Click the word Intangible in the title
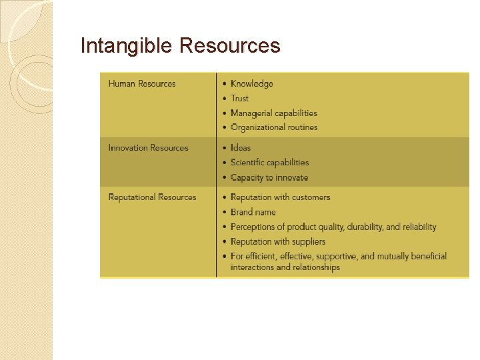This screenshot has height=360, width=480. point(127,45)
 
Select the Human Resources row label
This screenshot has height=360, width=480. point(142,84)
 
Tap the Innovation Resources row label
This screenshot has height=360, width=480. point(149,148)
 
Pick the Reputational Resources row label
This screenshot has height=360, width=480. point(152,197)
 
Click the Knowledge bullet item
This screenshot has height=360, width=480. point(252,84)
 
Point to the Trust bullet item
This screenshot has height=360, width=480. point(239,99)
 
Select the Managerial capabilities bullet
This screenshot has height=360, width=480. point(273,113)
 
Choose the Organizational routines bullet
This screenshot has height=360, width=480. point(274,127)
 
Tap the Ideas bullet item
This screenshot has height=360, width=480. point(241,148)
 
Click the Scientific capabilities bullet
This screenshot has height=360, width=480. point(269,163)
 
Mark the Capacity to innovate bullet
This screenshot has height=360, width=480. point(269,178)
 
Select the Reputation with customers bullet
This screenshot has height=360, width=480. point(280,197)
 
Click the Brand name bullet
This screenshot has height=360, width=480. point(253,212)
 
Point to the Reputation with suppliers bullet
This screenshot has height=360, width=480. point(278,241)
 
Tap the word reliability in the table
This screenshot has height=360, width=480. point(419,227)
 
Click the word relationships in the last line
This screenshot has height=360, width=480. point(317,267)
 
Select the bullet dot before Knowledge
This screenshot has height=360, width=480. point(225,84)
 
